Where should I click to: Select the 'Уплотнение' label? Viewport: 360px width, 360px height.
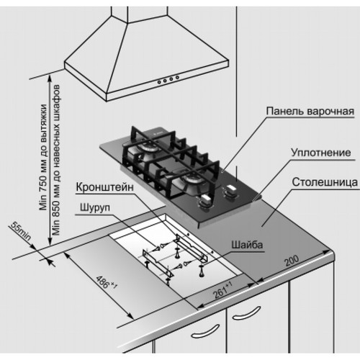[320, 153]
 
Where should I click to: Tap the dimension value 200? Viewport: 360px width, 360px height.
[292, 262]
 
